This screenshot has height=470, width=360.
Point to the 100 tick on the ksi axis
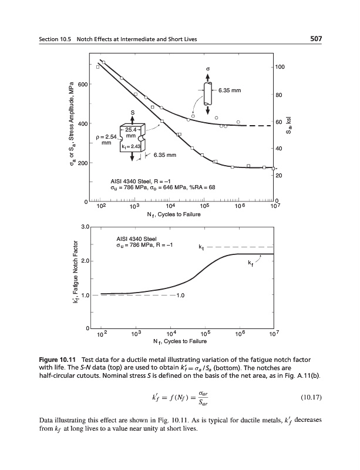281,68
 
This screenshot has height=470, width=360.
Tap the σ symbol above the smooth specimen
207,69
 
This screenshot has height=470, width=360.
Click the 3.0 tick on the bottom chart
85,226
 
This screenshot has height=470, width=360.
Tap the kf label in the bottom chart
251,262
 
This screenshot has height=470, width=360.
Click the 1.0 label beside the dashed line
181,296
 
